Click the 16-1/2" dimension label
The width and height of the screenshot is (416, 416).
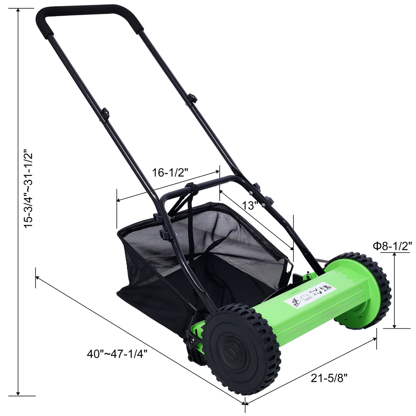click(170, 173)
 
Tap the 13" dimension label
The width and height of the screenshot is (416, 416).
click(250, 205)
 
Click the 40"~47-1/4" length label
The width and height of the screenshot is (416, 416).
click(117, 354)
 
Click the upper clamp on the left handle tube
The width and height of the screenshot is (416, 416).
click(105, 113)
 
